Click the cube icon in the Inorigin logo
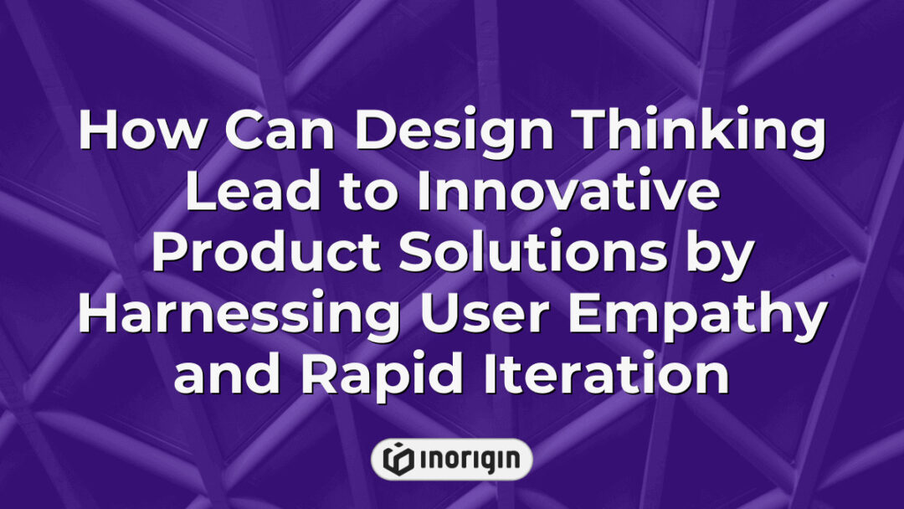coord(396,460)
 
